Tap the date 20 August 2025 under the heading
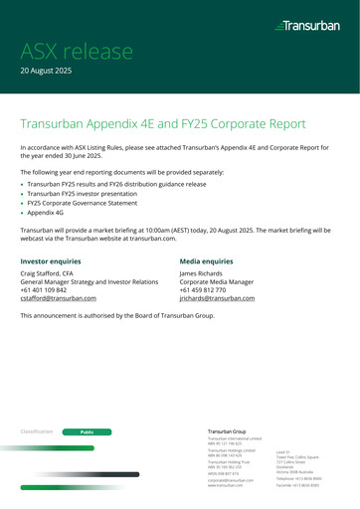pos(53,74)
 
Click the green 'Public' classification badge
pos(87,433)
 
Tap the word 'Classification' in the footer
pos(38,433)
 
